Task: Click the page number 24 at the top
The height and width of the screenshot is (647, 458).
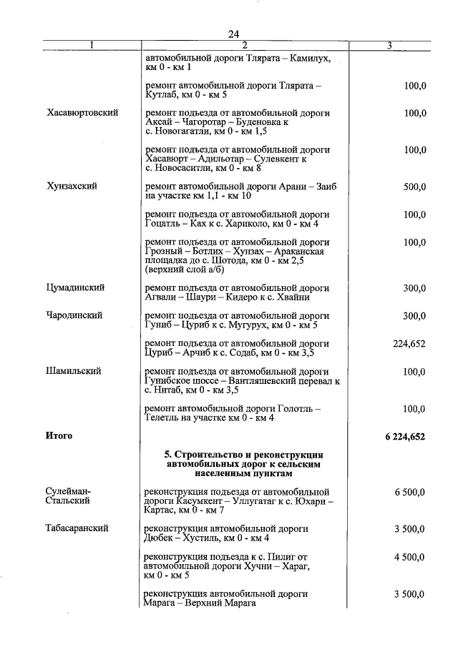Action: click(233, 34)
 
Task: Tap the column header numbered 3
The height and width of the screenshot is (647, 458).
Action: click(389, 46)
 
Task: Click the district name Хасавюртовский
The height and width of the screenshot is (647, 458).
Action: click(82, 113)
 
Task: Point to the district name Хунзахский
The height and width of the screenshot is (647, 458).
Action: click(72, 186)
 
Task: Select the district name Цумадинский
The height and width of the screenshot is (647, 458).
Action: click(76, 287)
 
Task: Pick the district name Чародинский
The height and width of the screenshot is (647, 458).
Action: click(74, 315)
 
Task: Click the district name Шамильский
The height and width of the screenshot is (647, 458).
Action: click(74, 371)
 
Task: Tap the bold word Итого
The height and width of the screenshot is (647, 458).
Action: click(59, 435)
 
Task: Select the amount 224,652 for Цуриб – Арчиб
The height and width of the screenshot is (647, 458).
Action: click(409, 343)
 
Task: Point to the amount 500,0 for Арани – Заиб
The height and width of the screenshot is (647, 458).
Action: click(414, 187)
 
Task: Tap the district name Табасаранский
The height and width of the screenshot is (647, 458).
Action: click(77, 528)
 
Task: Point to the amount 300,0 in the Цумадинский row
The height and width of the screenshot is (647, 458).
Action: click(414, 288)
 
